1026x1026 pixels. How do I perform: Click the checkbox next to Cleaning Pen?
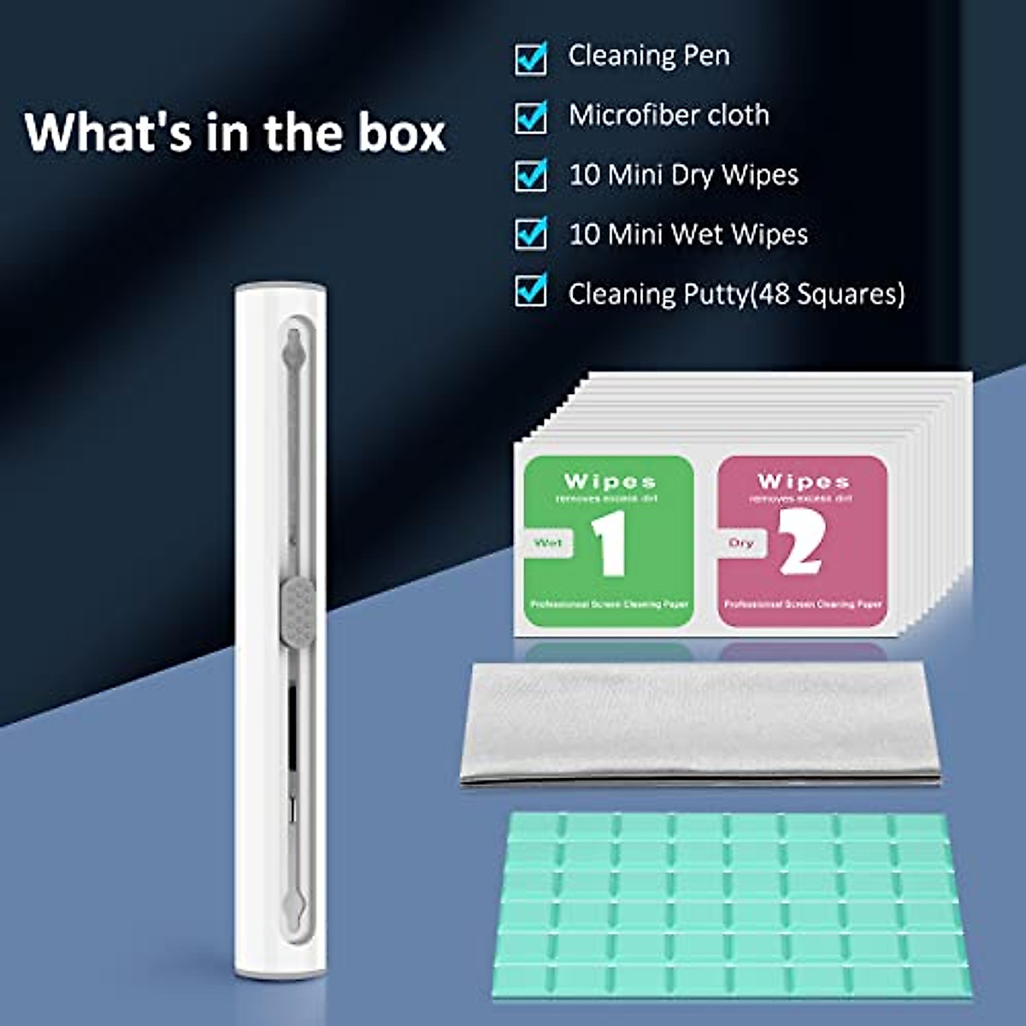pos(531,59)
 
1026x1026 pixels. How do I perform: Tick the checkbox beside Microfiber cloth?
pos(531,118)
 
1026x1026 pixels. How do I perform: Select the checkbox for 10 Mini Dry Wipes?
pos(531,175)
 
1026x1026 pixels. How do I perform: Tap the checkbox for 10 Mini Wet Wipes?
pos(531,233)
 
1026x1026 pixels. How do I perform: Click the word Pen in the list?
pos(706,56)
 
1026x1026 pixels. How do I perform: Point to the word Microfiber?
pos(640,115)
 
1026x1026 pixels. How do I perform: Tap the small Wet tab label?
pos(548,543)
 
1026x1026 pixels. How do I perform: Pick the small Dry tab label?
pos(741,543)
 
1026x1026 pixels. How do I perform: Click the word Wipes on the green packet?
pos(610,481)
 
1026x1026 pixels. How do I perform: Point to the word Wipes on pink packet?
pos(803,481)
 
